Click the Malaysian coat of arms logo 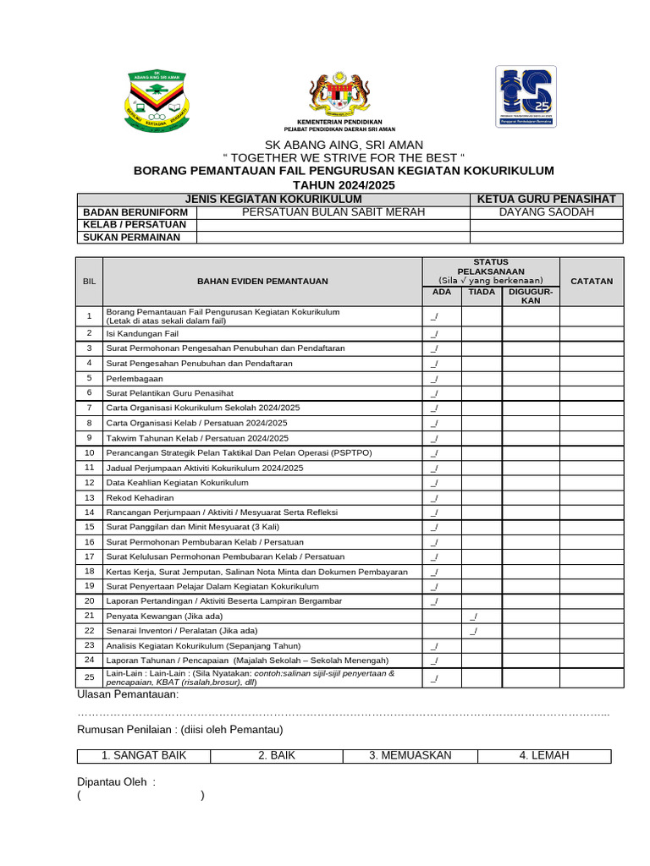click(x=339, y=95)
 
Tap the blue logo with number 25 click(x=525, y=96)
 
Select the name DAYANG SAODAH click(x=547, y=211)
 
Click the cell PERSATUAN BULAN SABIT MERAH click(x=333, y=211)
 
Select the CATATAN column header click(x=591, y=281)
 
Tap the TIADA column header click(x=481, y=292)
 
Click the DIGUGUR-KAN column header click(x=531, y=296)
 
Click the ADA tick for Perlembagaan click(x=434, y=378)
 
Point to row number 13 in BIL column click(x=89, y=497)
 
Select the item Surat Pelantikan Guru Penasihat click(x=169, y=393)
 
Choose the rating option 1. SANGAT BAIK click(x=144, y=755)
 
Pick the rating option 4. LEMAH click(x=544, y=755)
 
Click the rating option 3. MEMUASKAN click(x=410, y=755)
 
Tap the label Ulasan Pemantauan click(x=128, y=694)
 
